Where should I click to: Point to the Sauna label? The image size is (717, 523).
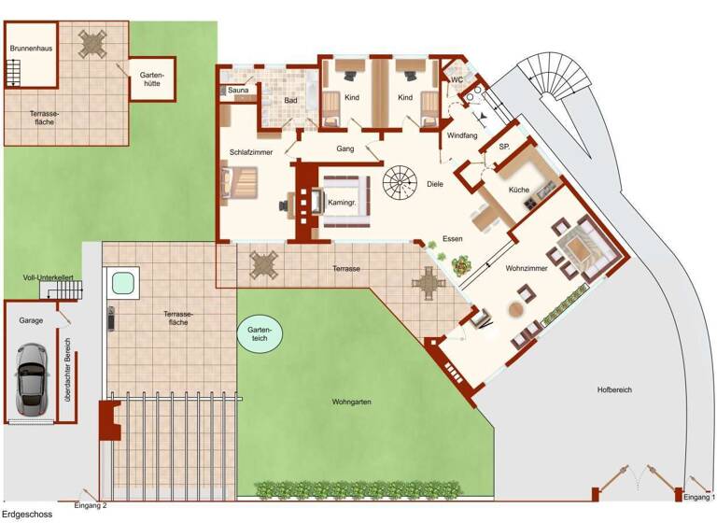click(x=239, y=91)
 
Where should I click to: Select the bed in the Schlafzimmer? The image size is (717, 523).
click(x=241, y=182)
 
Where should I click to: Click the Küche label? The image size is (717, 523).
click(x=519, y=190)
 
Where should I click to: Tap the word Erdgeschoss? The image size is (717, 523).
click(x=26, y=515)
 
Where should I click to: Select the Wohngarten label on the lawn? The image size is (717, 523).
click(x=352, y=403)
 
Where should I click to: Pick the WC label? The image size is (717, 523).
click(x=457, y=80)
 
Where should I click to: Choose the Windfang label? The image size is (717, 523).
click(x=463, y=135)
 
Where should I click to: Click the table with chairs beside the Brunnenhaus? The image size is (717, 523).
click(x=92, y=42)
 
